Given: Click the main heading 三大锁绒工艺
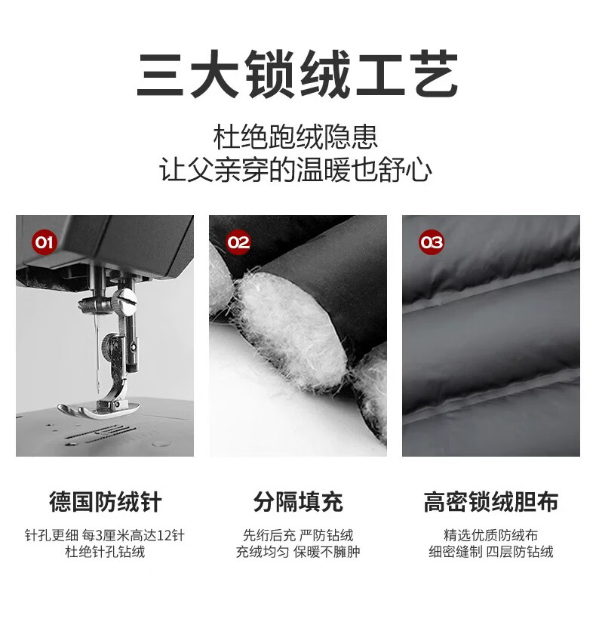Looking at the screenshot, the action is click(297, 74).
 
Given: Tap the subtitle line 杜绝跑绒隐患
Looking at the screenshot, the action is click(296, 137).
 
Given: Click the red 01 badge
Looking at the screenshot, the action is click(44, 242).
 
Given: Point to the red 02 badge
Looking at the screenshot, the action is click(238, 242).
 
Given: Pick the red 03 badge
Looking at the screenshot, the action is click(431, 242).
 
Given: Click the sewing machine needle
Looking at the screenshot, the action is click(97, 352).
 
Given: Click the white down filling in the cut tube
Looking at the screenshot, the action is click(291, 325).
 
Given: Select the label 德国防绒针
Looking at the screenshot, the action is click(106, 502).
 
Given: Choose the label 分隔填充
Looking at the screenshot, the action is click(298, 502).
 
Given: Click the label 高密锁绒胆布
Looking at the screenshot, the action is click(491, 502).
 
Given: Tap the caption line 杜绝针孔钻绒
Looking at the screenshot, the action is click(106, 552).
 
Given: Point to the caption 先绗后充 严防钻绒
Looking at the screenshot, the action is click(298, 535).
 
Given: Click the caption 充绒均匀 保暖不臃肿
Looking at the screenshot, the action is click(298, 552).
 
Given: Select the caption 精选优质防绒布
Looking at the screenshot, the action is click(491, 535).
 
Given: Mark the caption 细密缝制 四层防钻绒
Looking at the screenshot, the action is click(491, 552).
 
